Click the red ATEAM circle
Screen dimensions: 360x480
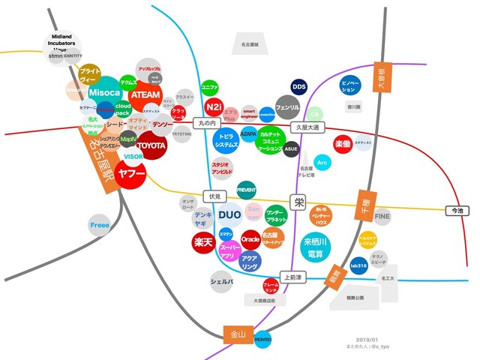click(144, 96)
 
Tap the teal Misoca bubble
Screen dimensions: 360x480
click(104, 92)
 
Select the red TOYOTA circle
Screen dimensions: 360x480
click(151, 145)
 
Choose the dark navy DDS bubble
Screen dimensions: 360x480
click(299, 87)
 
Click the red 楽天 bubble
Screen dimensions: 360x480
click(203, 242)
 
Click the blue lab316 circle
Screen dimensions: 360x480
click(358, 265)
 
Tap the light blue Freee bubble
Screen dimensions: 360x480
click(100, 224)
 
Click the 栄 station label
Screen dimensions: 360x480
click(299, 201)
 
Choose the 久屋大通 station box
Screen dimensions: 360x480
click(305, 127)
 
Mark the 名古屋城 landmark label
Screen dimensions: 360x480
click(245, 45)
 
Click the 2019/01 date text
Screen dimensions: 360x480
click(367, 339)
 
